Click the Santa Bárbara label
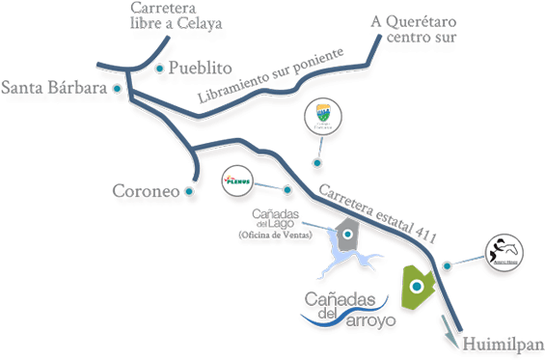(x=54, y=88)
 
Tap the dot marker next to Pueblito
(x=158, y=69)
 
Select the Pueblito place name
(x=201, y=69)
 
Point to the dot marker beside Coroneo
(x=189, y=192)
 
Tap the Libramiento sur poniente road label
(x=271, y=76)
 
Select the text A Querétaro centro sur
(x=415, y=29)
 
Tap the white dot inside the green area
(x=417, y=287)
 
